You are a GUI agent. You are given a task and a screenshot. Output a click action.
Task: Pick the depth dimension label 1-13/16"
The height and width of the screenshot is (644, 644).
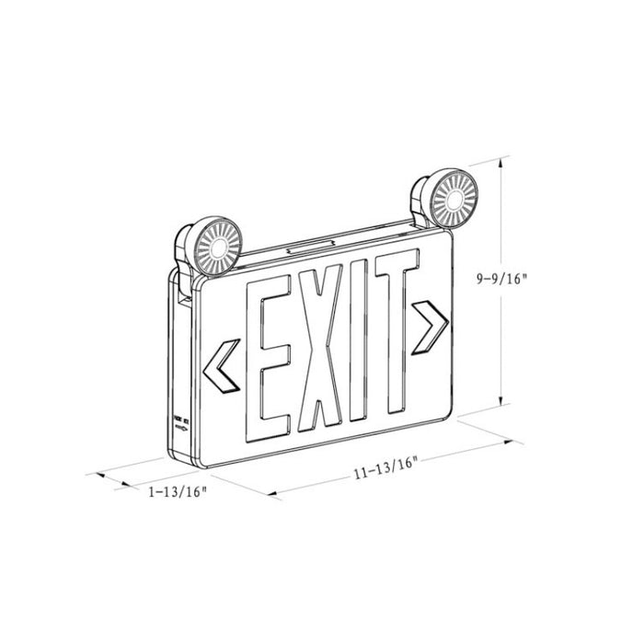pos(177,491)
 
